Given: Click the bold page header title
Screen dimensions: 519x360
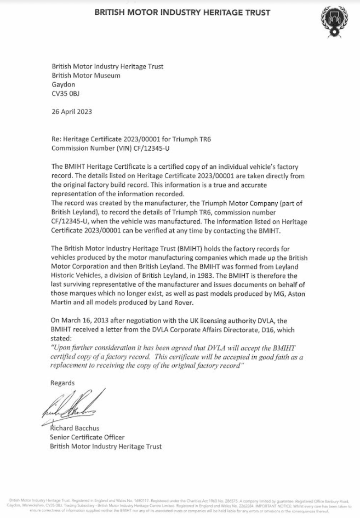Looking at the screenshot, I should pyautogui.click(x=182, y=12).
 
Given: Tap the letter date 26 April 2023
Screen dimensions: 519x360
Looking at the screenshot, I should pyautogui.click(x=72, y=112).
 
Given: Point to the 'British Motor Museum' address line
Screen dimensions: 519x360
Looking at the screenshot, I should pyautogui.click(x=86, y=76).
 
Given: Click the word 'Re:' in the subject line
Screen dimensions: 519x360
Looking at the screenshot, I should pyautogui.click(x=56, y=139).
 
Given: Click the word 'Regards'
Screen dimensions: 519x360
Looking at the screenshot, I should pyautogui.click(x=62, y=383).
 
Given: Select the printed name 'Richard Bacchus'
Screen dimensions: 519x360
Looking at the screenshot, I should pyautogui.click(x=76, y=429).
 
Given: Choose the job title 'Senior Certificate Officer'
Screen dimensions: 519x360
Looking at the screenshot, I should pyautogui.click(x=87, y=437).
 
